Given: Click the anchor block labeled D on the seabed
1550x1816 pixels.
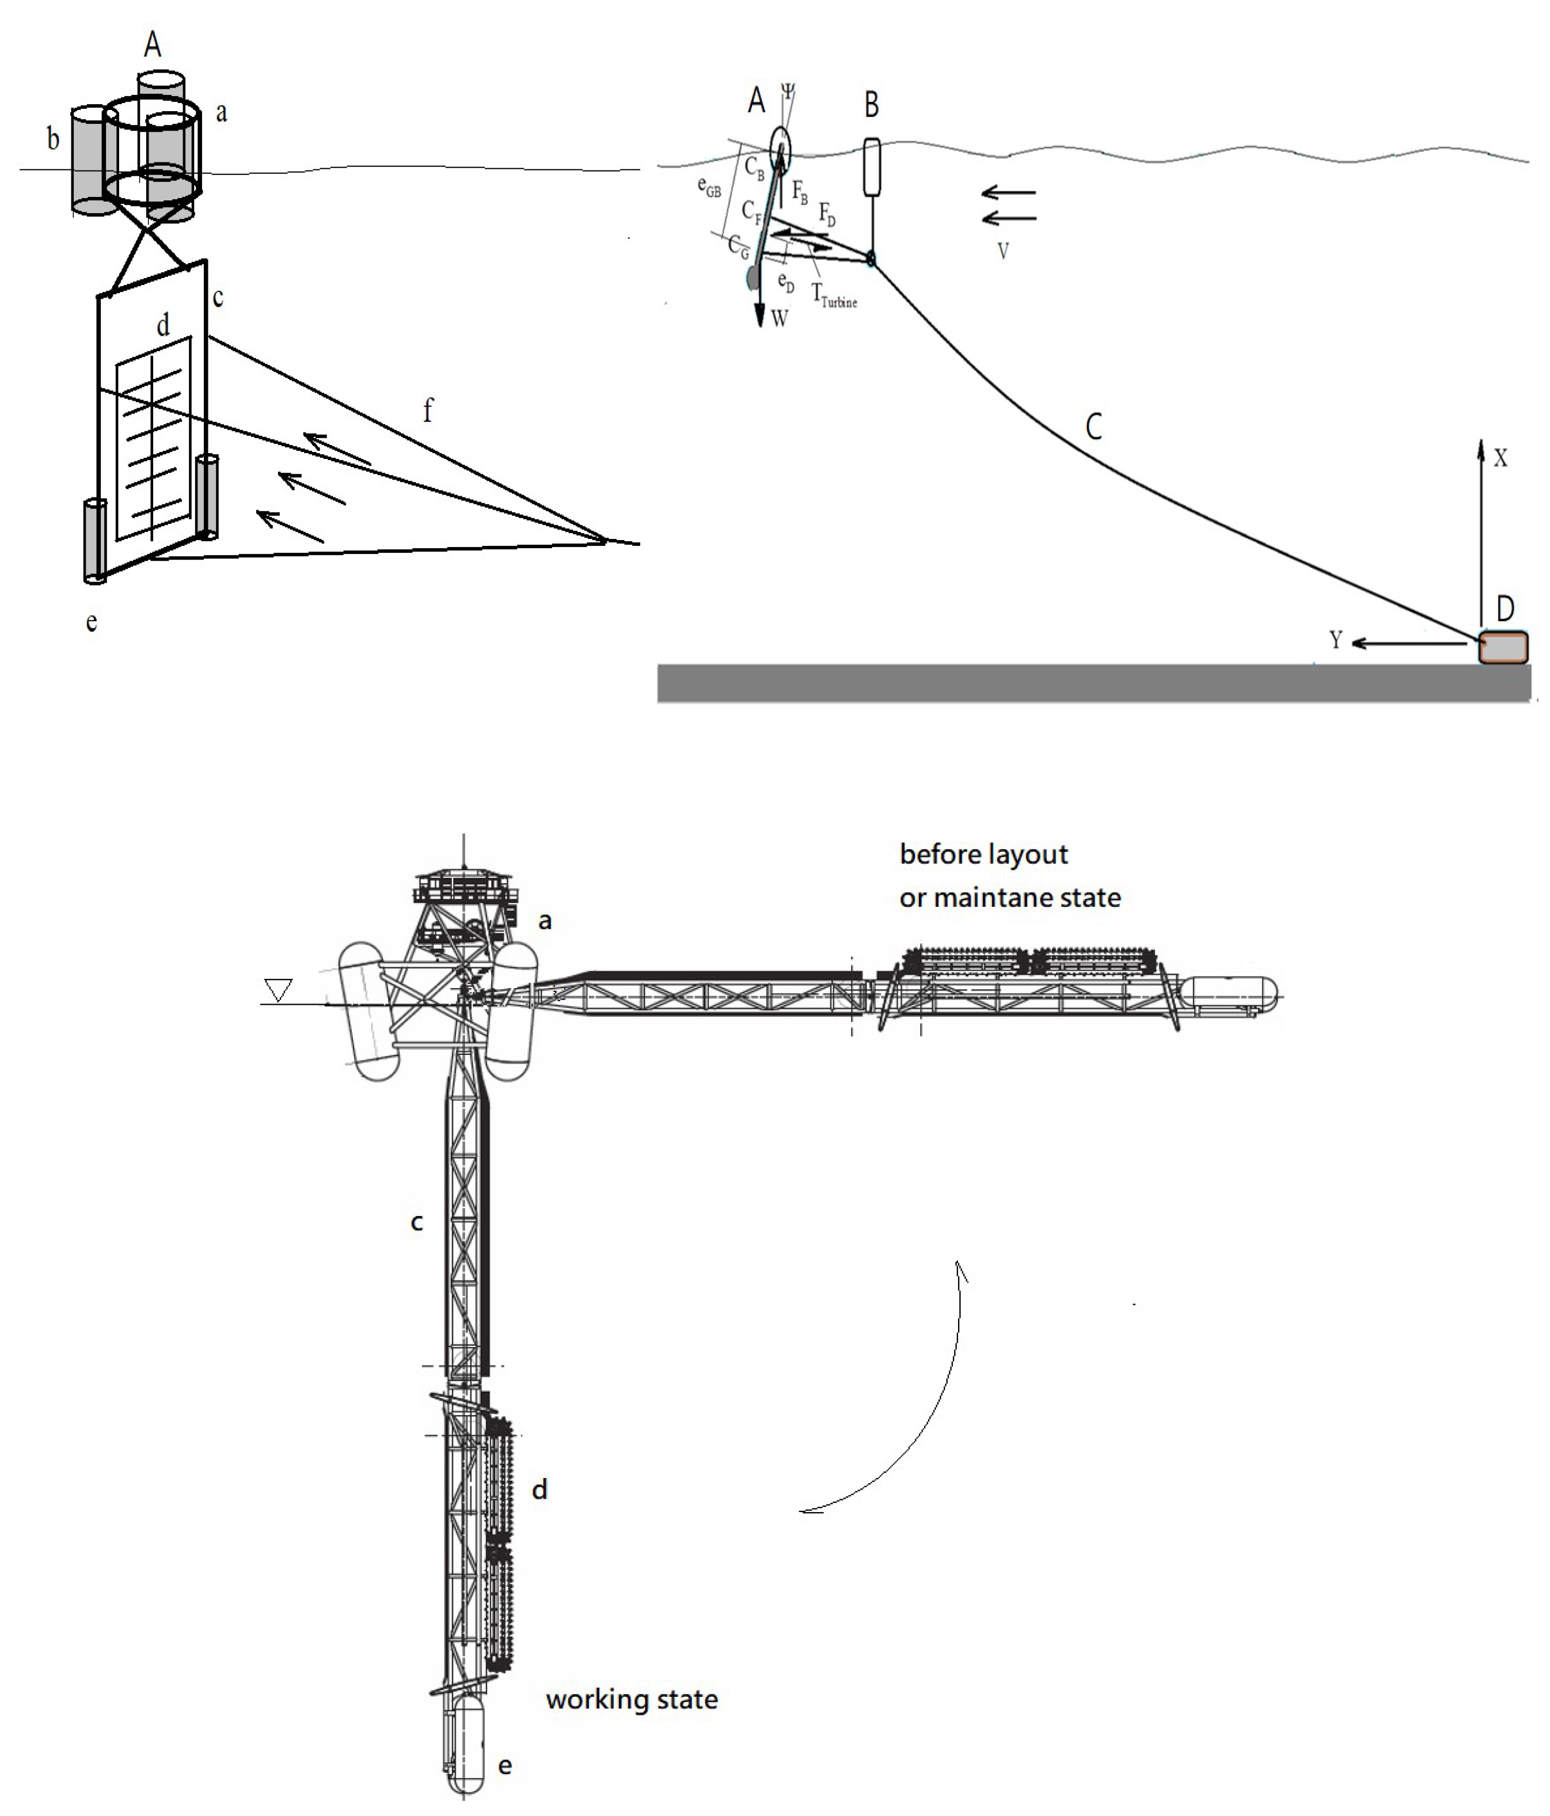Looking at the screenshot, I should [x=1503, y=648].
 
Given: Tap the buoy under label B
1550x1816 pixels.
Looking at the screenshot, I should [x=871, y=166].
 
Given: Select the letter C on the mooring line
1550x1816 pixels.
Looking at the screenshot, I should [x=1093, y=427].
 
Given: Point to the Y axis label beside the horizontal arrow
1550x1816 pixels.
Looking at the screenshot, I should [x=1335, y=641].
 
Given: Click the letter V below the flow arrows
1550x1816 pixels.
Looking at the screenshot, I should [x=1003, y=252].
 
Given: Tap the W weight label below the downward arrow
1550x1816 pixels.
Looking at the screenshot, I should [x=780, y=319].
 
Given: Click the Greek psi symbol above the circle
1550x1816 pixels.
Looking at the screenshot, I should [x=788, y=91].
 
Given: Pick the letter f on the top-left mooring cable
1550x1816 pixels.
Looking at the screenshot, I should [x=428, y=410].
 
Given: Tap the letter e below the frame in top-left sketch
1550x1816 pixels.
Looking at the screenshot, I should [x=91, y=622].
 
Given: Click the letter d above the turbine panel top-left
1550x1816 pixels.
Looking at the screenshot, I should [x=163, y=325].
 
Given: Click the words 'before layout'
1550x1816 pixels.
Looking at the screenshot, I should [x=983, y=854].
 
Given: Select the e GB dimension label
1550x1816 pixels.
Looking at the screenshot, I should [x=709, y=187].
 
